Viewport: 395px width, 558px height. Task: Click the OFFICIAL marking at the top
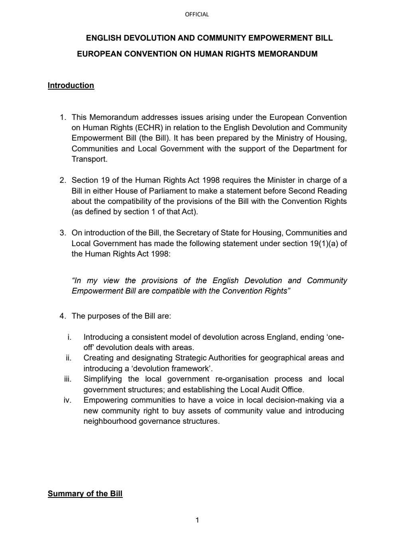[197, 14]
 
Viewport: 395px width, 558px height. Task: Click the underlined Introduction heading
[71, 86]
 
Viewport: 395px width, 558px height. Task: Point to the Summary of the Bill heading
[85, 494]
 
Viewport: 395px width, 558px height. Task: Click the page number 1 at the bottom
[197, 520]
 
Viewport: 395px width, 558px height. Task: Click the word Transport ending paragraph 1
[89, 159]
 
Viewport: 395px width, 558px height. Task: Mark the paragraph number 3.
[63, 233]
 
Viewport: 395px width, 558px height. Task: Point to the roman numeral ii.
[69, 358]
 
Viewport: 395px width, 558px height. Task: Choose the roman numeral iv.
[67, 400]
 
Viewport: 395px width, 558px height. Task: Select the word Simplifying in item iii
[103, 379]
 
